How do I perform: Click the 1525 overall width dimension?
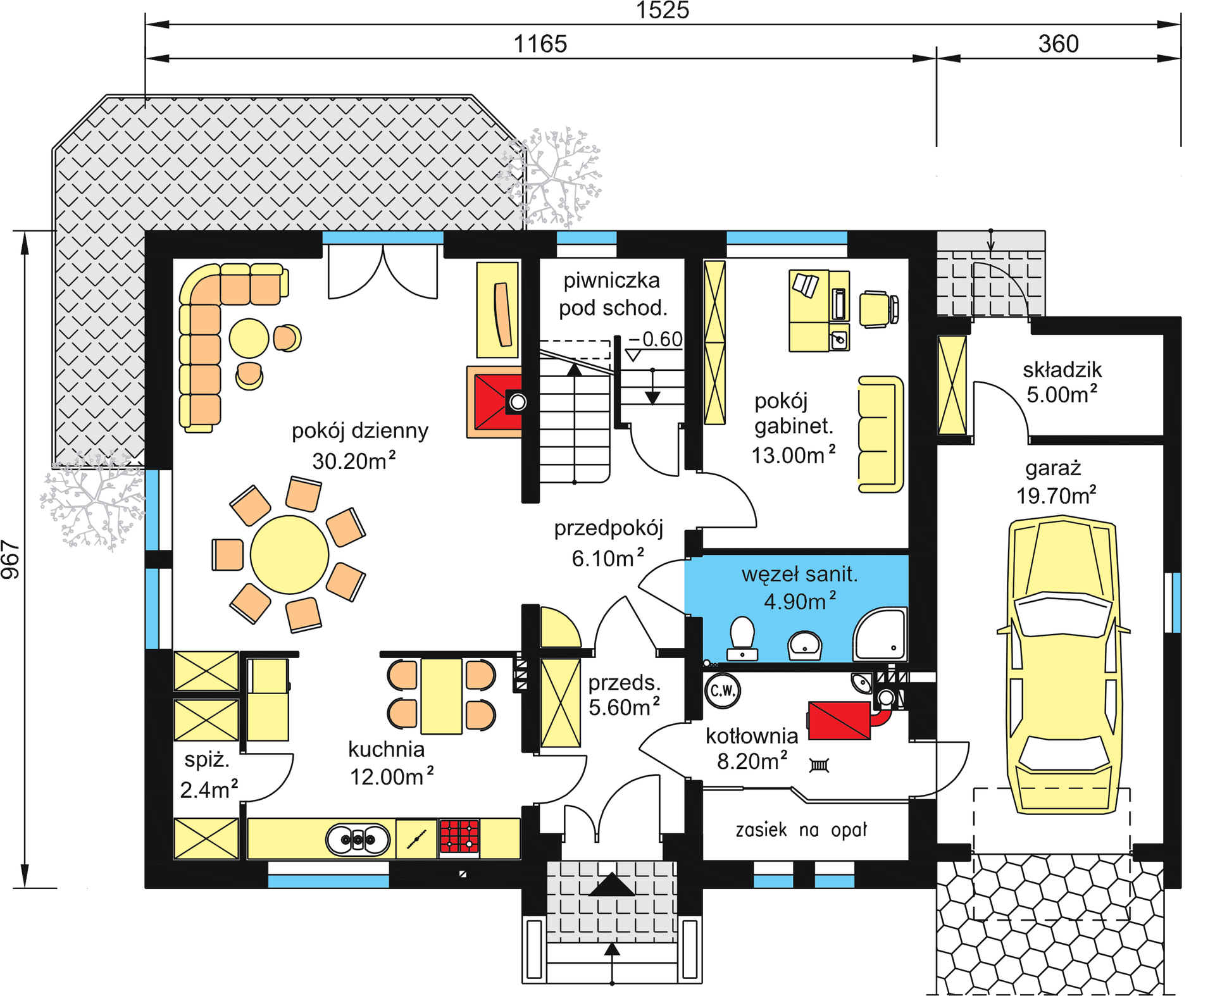click(662, 10)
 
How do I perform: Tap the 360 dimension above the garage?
click(1058, 44)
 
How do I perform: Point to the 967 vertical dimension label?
click(11, 559)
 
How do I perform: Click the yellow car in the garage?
click(1063, 664)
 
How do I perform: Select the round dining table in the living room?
click(289, 554)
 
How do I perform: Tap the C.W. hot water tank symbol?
click(722, 690)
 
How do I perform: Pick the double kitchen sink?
click(358, 840)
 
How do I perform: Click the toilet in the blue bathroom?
click(742, 638)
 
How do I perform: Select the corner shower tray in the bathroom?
click(880, 634)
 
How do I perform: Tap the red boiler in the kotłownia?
click(839, 720)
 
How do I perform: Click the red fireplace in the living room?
click(497, 402)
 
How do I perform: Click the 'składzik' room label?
click(1062, 370)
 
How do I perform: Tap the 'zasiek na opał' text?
click(801, 830)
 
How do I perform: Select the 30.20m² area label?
click(354, 460)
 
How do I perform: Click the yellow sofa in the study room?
click(880, 434)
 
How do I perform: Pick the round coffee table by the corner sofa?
click(249, 338)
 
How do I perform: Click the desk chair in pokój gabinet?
click(878, 309)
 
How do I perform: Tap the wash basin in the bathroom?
click(804, 645)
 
